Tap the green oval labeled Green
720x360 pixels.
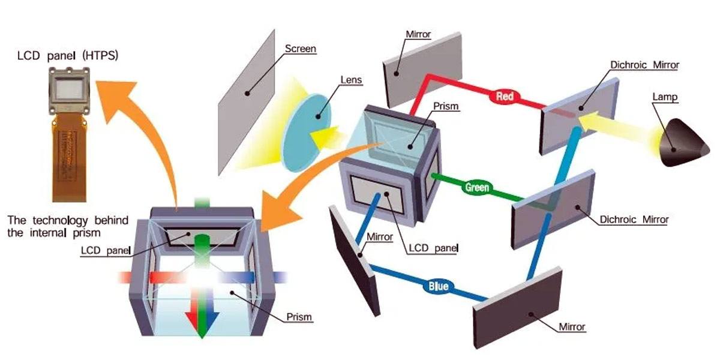(x=478, y=187)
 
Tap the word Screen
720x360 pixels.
(x=300, y=49)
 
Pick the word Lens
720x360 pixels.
(x=350, y=79)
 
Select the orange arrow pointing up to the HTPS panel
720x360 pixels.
(x=144, y=138)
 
